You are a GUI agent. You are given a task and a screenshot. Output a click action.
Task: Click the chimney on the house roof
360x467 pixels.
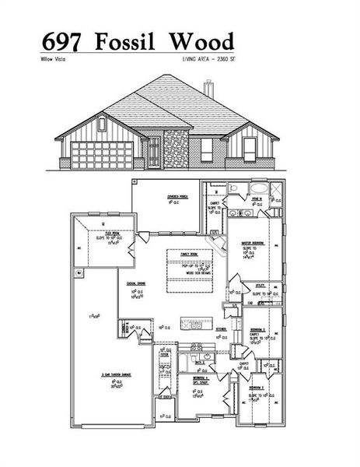click(208, 88)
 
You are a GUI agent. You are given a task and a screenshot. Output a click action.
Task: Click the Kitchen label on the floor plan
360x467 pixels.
click(220, 331)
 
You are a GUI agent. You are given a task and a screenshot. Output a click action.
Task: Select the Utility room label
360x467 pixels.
click(260, 286)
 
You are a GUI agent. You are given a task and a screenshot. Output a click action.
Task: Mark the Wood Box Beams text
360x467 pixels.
click(190, 273)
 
